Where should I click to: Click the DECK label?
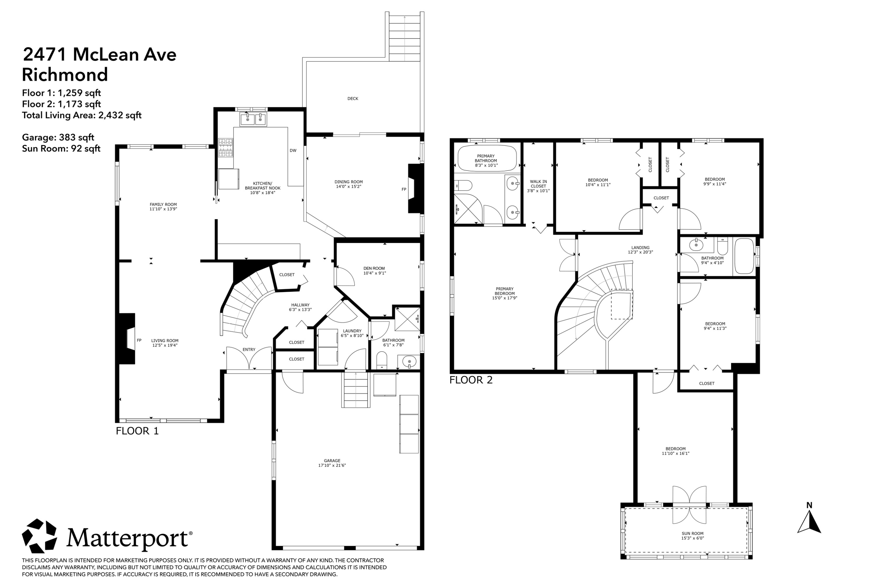[353, 99]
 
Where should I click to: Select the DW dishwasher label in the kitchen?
[293, 150]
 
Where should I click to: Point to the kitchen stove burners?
[225, 147]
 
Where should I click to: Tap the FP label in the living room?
[139, 340]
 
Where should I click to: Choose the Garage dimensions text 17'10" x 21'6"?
[332, 465]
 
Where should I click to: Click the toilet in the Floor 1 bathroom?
[382, 360]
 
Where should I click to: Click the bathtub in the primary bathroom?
[487, 158]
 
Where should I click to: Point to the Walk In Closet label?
[538, 184]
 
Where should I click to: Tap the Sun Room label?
[693, 533]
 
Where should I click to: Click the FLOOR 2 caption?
[471, 380]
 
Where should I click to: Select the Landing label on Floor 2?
[640, 248]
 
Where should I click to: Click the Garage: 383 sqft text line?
[58, 138]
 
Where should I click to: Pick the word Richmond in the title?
[65, 74]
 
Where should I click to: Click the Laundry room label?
[352, 331]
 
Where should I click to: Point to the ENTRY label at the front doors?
[249, 349]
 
